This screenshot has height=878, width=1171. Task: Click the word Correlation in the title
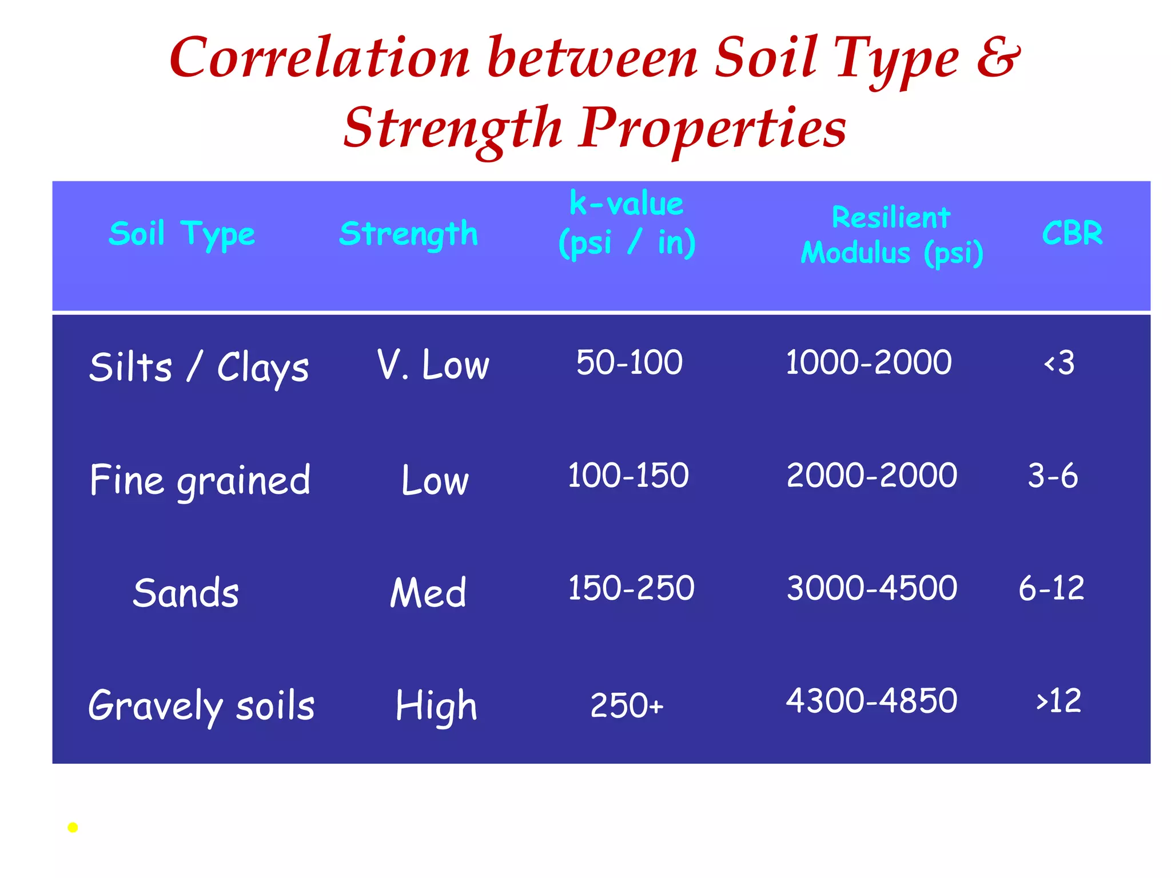point(320,58)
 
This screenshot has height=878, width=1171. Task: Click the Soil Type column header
point(182,234)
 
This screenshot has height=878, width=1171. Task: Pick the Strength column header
point(408,234)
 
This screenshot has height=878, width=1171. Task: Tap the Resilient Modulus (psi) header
point(891,235)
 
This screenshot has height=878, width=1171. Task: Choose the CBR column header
point(1072,233)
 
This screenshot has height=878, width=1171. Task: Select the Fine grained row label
point(200,480)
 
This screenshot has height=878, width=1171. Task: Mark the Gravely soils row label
point(201,706)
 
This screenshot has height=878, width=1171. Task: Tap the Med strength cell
point(428,592)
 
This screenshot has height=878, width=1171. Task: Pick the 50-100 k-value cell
point(629,362)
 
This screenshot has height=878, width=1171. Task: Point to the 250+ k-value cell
point(627,705)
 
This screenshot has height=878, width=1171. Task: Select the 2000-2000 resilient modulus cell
point(871,476)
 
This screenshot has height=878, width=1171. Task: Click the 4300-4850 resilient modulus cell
point(871,701)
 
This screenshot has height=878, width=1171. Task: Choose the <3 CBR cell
point(1059,363)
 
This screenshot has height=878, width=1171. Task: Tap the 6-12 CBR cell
point(1051,588)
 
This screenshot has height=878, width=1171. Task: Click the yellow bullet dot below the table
point(73,827)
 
